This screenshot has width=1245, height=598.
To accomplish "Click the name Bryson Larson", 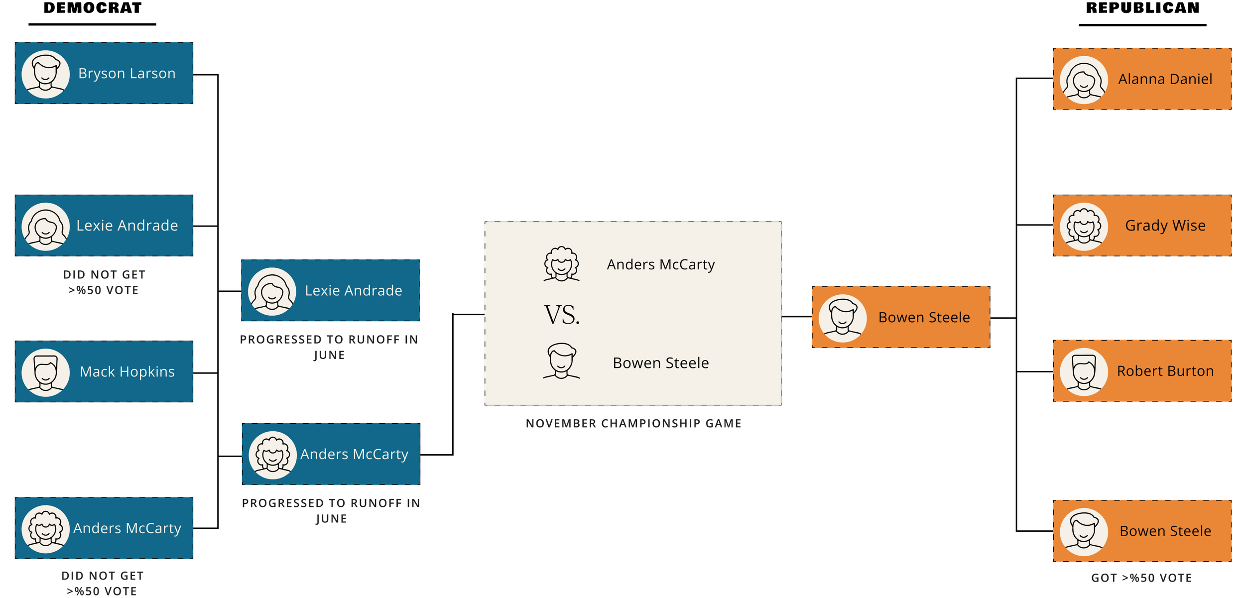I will pyautogui.click(x=126, y=74).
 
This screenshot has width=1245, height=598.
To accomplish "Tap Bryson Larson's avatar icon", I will pyautogui.click(x=45, y=74).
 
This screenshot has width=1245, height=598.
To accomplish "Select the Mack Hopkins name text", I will pyautogui.click(x=127, y=372).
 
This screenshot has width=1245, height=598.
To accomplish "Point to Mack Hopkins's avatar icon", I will pyautogui.click(x=45, y=372).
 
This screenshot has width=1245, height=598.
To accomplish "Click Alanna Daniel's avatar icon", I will pyautogui.click(x=1084, y=80).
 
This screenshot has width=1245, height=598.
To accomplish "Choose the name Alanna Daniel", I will pyautogui.click(x=1165, y=79).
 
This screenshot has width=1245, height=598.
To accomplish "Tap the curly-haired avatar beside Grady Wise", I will pyautogui.click(x=1084, y=227).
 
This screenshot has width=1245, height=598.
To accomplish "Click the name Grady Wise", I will pyautogui.click(x=1165, y=226).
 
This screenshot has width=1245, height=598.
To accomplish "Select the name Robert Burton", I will pyautogui.click(x=1165, y=371).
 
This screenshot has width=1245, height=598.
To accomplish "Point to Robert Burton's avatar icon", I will pyautogui.click(x=1084, y=372).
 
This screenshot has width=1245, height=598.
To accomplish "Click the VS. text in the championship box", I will pyautogui.click(x=562, y=315).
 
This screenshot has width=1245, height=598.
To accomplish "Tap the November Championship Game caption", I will pyautogui.click(x=633, y=424).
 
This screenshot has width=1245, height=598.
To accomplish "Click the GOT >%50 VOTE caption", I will pyautogui.click(x=1141, y=578).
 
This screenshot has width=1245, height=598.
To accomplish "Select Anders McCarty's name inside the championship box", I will pyautogui.click(x=660, y=264).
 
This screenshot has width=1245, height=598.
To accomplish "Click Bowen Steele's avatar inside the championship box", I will pyautogui.click(x=561, y=361).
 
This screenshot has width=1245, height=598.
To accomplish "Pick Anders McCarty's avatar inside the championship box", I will pyautogui.click(x=561, y=264).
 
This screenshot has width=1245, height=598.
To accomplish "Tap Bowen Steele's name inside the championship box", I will pyautogui.click(x=660, y=363).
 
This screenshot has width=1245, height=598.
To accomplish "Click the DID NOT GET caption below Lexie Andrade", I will pyautogui.click(x=104, y=282).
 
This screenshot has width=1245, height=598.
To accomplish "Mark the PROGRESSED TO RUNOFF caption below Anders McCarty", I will pyautogui.click(x=331, y=511).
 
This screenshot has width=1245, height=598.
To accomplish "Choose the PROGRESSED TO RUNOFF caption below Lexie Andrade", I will pyautogui.click(x=329, y=347).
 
